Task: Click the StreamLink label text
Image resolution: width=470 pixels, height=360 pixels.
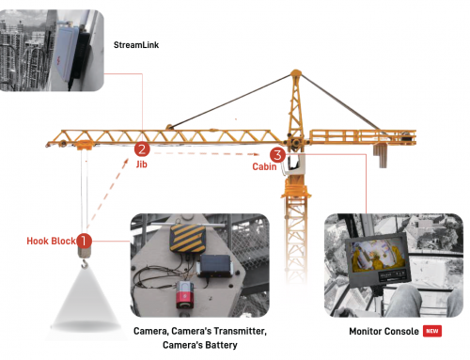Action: click(136, 45)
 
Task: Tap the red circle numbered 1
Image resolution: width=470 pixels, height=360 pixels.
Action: click(84, 241)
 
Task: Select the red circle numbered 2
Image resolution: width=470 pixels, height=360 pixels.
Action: click(142, 149)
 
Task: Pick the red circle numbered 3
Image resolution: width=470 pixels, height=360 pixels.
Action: click(277, 155)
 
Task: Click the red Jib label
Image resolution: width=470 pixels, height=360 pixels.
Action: click(141, 164)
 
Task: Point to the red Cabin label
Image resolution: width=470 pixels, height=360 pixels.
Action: click(264, 166)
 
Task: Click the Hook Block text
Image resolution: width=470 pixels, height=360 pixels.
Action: click(51, 241)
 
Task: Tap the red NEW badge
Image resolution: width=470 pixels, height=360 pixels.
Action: click(432, 331)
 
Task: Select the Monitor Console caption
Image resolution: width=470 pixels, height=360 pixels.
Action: click(384, 331)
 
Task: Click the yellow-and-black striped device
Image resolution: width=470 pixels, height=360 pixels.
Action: click(188, 238)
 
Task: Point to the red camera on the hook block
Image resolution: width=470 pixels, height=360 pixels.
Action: click(185, 294)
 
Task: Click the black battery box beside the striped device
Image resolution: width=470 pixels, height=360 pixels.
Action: click(215, 266)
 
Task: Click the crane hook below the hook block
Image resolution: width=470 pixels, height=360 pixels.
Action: click(85, 264)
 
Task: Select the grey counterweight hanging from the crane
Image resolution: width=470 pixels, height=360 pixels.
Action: click(381, 155)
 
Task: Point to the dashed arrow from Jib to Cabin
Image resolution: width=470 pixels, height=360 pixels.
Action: click(207, 153)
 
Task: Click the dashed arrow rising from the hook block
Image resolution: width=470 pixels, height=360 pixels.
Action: click(107, 194)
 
